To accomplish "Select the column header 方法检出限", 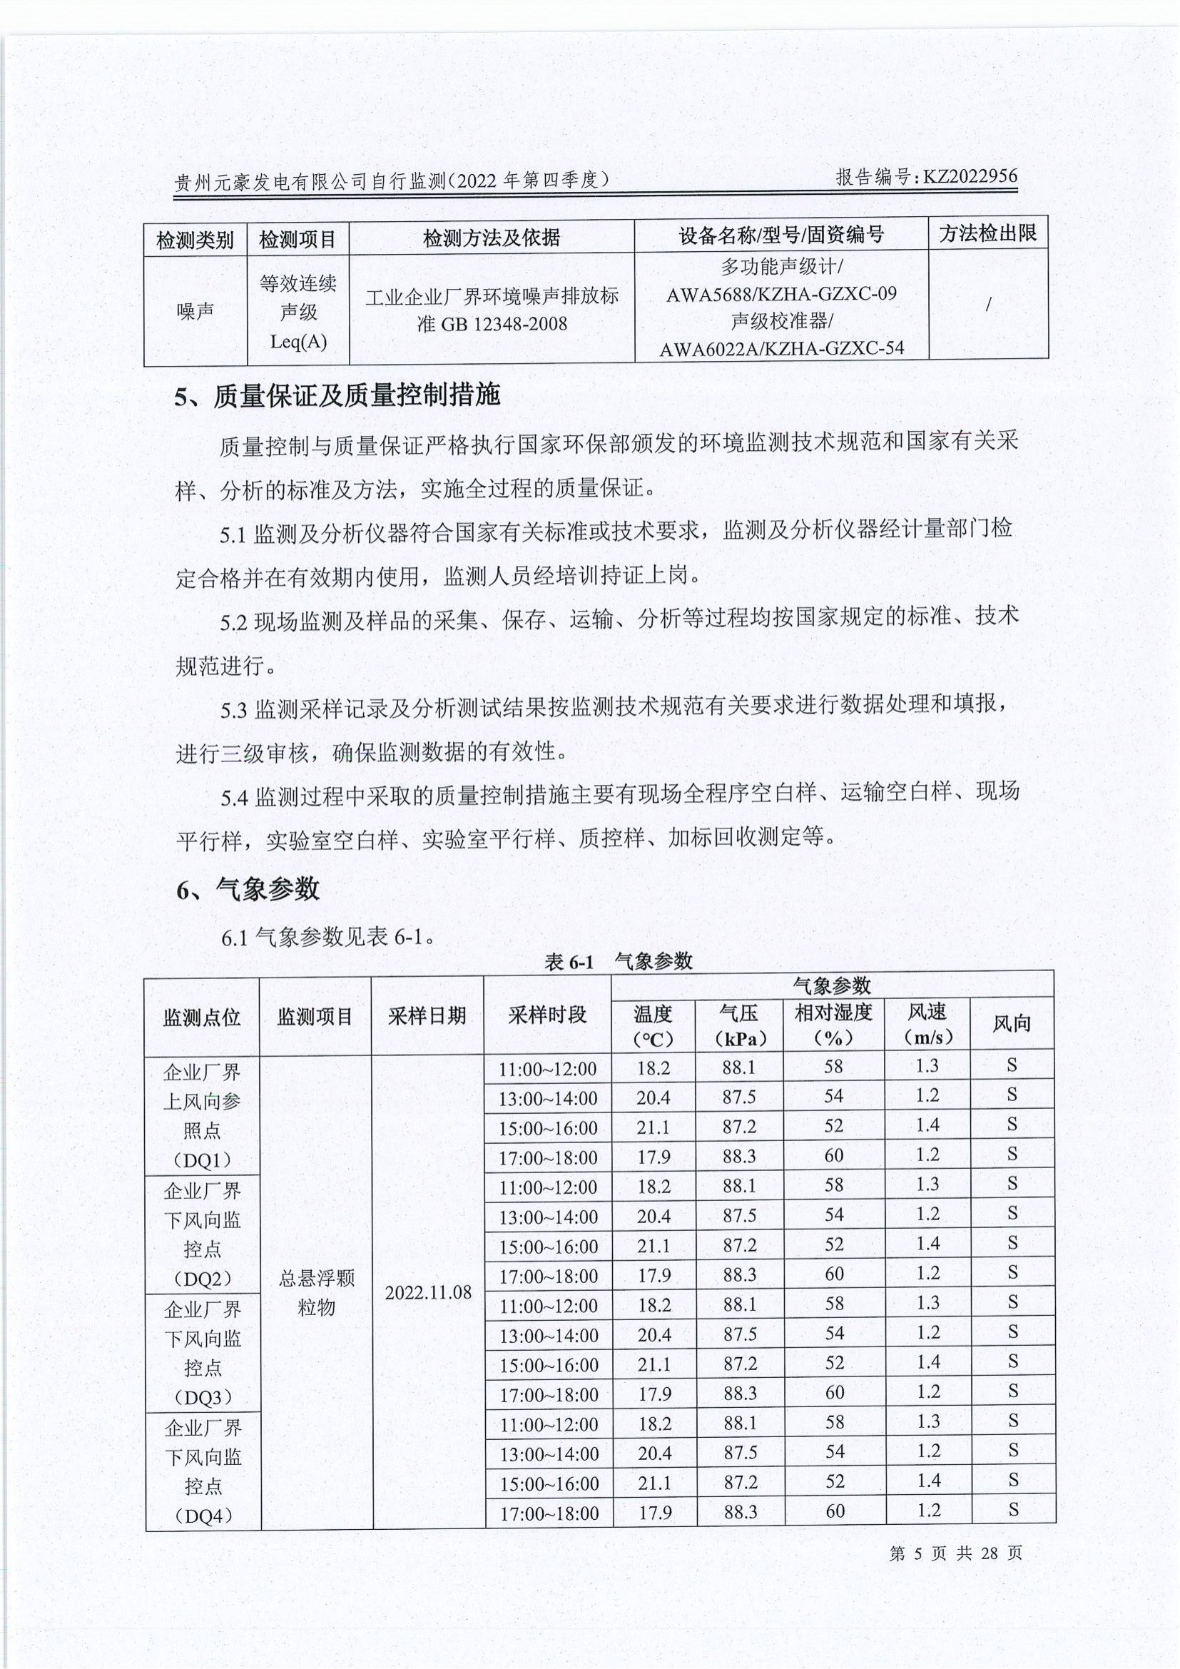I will point(987,233).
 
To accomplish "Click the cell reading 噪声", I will point(195,311).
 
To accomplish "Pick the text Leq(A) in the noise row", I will point(298,341).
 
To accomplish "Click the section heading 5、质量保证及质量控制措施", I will point(338,396).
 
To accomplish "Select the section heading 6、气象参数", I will point(248,888).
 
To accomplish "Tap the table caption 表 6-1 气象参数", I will point(619,962).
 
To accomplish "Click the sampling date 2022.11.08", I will point(428,1292).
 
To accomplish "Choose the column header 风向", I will point(1012,1024).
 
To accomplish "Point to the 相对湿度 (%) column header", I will point(833,1024).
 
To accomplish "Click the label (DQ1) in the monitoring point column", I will point(202,1161).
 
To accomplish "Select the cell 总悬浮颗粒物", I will point(316,1292).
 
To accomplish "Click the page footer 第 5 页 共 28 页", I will point(955,1553).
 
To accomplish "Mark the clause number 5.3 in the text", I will point(234,709).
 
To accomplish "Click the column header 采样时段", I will point(547,1015).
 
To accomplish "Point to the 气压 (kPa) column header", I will point(739,1024).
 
